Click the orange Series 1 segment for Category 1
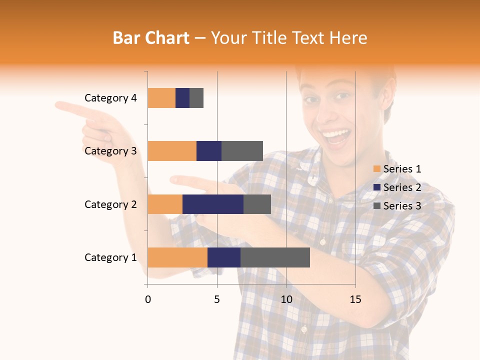(177, 257)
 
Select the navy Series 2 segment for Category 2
(213, 204)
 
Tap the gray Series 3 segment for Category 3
(242, 151)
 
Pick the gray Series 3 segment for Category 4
(196, 98)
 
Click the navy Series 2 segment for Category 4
(182, 98)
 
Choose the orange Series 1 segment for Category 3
(172, 151)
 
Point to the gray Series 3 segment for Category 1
(275, 257)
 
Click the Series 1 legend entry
(397, 169)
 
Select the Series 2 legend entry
(397, 187)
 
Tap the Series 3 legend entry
(397, 206)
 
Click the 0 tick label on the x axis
(148, 299)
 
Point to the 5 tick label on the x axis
(217, 299)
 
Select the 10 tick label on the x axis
(286, 299)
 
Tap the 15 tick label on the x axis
(355, 299)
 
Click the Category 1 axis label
(110, 257)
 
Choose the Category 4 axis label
(110, 98)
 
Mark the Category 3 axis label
(110, 151)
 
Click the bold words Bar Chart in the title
(151, 38)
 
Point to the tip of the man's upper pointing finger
(57, 105)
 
